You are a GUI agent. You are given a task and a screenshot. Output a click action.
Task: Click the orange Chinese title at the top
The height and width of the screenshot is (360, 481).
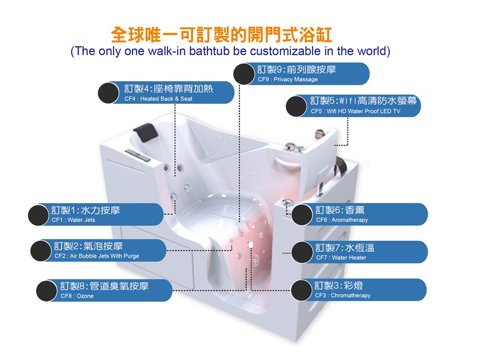(x=221, y=34)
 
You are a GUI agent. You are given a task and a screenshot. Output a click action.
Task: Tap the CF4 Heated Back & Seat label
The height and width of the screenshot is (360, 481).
(x=175, y=93)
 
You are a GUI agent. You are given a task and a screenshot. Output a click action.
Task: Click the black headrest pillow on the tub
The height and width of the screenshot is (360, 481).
(x=144, y=132)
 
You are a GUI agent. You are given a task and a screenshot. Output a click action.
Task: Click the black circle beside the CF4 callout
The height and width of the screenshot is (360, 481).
(x=108, y=93)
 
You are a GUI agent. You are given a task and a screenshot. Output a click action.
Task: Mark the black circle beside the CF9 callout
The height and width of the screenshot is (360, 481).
(x=244, y=73)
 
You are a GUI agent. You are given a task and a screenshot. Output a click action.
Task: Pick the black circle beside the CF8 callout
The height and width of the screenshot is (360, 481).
(x=47, y=291)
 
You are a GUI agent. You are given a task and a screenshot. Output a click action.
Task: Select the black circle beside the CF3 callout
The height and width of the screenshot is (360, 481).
(x=302, y=290)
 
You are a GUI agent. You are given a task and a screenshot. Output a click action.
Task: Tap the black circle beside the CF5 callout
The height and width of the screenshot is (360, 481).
(x=296, y=106)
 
